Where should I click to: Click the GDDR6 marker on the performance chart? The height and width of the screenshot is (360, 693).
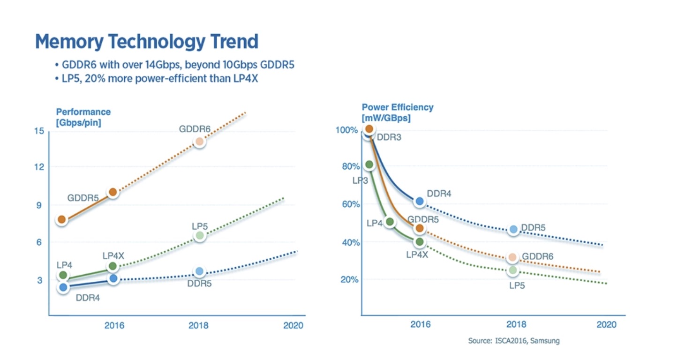(199, 142)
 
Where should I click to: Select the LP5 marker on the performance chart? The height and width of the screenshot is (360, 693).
(199, 235)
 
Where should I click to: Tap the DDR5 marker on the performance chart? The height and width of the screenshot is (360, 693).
(199, 271)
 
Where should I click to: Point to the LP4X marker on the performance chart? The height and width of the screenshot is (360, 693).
(113, 266)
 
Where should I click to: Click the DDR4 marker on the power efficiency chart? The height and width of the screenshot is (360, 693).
(420, 202)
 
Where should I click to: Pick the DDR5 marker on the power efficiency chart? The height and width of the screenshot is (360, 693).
(513, 229)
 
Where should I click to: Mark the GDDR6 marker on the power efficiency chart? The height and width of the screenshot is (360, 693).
(512, 257)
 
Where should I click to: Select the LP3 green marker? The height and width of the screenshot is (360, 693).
(369, 165)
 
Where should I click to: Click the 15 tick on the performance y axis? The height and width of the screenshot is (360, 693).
(39, 130)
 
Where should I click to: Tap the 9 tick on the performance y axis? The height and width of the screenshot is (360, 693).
(39, 205)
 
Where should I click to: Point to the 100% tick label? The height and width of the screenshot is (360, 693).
(347, 130)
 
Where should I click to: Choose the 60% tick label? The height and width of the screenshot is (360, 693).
(350, 204)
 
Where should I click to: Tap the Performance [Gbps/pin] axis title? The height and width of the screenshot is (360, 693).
(83, 118)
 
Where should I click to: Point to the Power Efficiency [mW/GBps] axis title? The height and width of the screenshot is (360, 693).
(397, 112)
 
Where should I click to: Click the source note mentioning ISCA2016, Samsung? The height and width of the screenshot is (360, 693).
(513, 341)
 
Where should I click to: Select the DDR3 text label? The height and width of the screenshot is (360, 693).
(390, 138)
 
